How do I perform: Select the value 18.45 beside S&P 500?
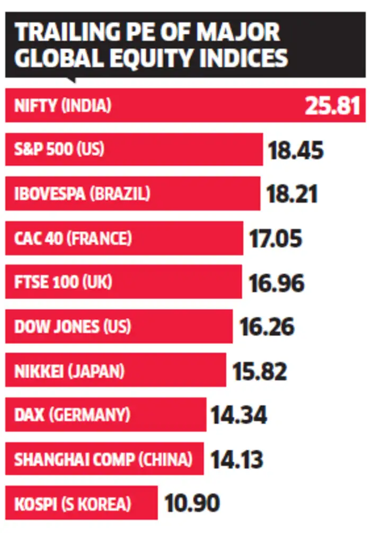tap(296, 150)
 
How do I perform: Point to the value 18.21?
tap(293, 194)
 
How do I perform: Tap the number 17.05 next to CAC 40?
tap(276, 239)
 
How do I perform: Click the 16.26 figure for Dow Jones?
tap(267, 327)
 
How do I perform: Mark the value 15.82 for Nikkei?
tap(260, 371)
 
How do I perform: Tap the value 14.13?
tap(237, 459)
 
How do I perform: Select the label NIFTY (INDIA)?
tap(63, 106)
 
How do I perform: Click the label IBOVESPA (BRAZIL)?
tap(82, 194)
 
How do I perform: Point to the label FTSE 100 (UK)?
tap(63, 283)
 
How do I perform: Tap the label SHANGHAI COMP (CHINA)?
tap(103, 459)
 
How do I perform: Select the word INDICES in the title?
tap(247, 58)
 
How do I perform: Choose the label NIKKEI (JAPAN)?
tap(69, 371)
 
